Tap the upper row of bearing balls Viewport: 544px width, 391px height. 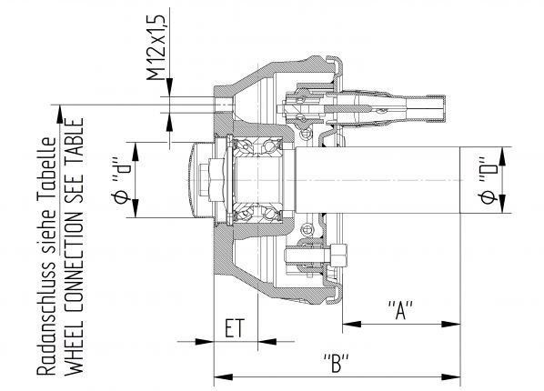tap(258, 145)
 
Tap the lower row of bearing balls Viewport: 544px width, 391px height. tap(258, 212)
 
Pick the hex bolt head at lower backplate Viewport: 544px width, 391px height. tap(341, 256)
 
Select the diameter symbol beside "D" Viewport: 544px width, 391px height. tap(489, 198)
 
